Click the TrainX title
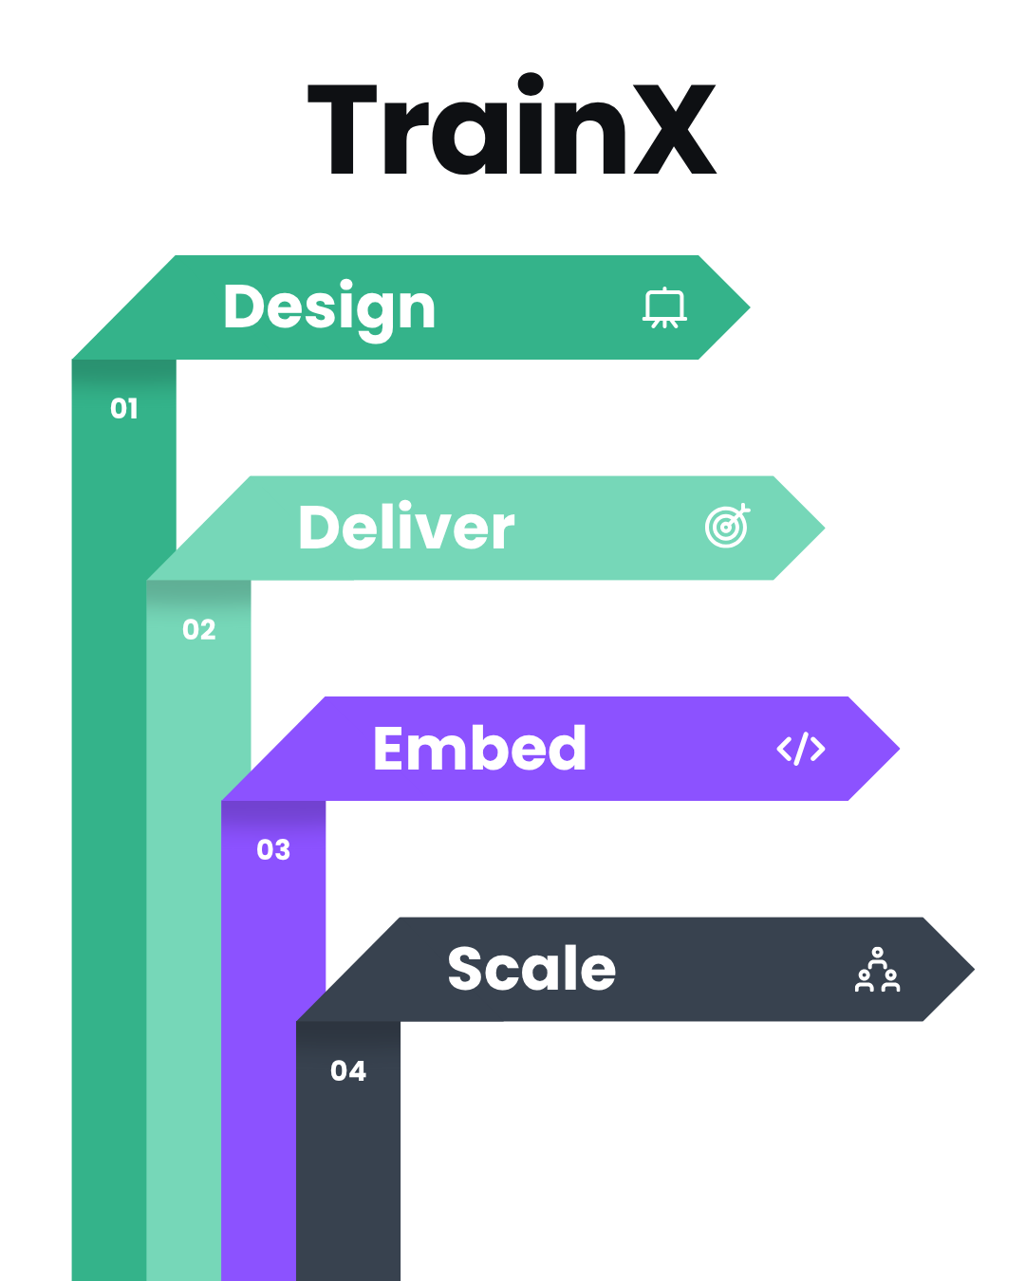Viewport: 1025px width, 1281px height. [x=512, y=123]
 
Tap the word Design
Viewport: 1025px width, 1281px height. [x=329, y=309]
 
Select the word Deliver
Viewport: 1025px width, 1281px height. [x=406, y=527]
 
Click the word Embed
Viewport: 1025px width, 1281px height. [x=479, y=748]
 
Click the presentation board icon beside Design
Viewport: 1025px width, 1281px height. [x=664, y=307]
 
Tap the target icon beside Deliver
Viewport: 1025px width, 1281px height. [x=727, y=526]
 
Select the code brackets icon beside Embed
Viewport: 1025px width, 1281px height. [x=801, y=749]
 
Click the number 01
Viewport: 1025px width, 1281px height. [x=124, y=408]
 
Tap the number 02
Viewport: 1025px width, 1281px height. [x=199, y=629]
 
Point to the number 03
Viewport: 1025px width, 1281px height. [x=273, y=849]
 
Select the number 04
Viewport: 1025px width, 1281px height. [x=348, y=1071]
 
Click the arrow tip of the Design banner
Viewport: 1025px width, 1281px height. [x=749, y=307]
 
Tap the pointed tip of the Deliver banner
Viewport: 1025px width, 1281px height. [x=825, y=528]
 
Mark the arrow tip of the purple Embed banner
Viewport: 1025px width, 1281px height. [x=900, y=749]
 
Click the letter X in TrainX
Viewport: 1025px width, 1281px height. [x=675, y=129]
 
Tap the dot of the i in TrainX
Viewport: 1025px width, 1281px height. [x=531, y=84]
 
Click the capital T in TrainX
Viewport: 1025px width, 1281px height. [x=343, y=129]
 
